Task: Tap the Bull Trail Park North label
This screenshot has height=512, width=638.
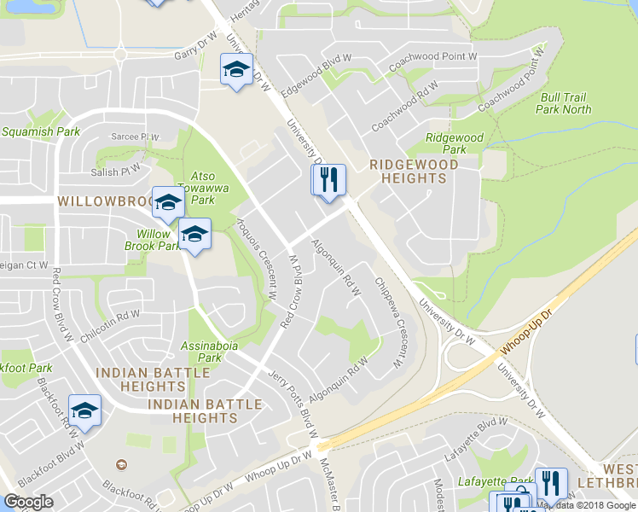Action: [565, 103]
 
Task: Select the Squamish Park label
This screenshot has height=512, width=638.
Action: [40, 132]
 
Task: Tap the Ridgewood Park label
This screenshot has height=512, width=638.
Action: [455, 143]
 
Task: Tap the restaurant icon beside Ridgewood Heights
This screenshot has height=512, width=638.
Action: [328, 181]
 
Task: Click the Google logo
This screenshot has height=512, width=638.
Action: [28, 502]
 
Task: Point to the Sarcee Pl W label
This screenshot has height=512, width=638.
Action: [136, 137]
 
